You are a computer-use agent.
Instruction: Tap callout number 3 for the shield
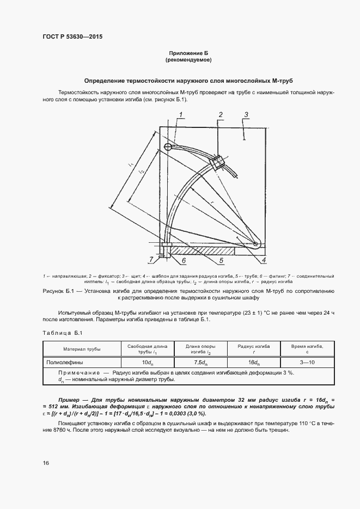[x=247, y=114]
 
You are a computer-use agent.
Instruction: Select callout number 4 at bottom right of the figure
[x=264, y=261]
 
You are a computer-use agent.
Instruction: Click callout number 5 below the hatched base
[x=221, y=261]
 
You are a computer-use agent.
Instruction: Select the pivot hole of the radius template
[x=255, y=243]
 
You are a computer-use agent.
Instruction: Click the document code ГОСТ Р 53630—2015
[x=72, y=36]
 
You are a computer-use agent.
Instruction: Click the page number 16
[x=46, y=463]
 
